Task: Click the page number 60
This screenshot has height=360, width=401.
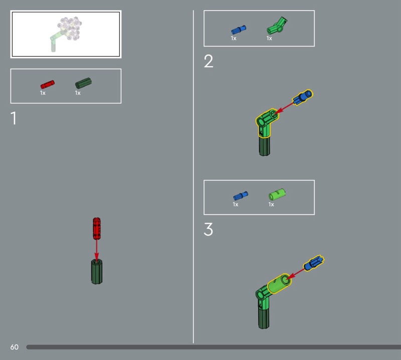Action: click(15, 347)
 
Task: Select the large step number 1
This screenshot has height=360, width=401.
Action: click(14, 118)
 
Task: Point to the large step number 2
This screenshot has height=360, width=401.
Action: click(209, 61)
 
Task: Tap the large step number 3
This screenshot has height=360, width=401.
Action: click(208, 229)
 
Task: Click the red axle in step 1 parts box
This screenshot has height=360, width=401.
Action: click(48, 84)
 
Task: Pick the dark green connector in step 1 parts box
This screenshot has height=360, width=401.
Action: click(83, 83)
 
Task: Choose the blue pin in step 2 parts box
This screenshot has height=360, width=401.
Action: click(239, 30)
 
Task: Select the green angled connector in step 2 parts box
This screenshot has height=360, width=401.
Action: click(277, 26)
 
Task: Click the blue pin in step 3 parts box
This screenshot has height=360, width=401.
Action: click(241, 196)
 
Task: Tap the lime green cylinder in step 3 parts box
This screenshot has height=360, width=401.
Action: click(277, 195)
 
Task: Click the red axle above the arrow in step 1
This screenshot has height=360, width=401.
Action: click(97, 229)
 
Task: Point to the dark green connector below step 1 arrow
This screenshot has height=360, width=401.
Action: click(97, 271)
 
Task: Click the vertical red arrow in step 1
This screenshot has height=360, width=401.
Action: click(97, 250)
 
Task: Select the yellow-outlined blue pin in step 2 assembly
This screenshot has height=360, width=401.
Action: click(303, 97)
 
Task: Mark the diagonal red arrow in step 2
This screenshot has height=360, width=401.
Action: click(285, 107)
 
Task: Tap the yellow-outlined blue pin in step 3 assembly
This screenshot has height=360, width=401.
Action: click(314, 263)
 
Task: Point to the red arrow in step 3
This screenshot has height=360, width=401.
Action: click(296, 274)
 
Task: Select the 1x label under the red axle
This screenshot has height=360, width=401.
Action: click(43, 93)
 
